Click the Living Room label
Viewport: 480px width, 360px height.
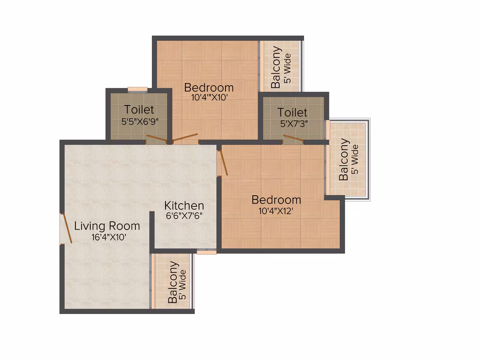tap(107, 226)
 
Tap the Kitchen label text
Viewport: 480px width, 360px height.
tap(184, 205)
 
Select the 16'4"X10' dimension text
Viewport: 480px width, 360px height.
tap(109, 237)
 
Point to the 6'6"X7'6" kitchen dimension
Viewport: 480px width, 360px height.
tap(184, 216)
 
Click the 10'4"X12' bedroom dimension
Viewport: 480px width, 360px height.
tap(276, 211)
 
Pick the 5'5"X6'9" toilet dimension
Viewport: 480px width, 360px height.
tap(140, 122)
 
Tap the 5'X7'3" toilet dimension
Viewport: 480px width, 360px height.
tap(294, 124)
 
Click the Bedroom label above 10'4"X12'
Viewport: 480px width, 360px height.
tap(276, 200)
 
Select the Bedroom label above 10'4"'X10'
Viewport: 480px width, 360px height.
tap(209, 88)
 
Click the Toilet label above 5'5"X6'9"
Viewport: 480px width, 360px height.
tap(139, 109)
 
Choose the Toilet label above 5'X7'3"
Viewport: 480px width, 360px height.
tap(293, 113)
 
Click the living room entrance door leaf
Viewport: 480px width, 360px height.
tap(67, 228)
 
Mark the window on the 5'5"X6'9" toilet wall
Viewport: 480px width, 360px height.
tap(137, 89)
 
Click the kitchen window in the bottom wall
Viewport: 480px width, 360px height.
tap(206, 252)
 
